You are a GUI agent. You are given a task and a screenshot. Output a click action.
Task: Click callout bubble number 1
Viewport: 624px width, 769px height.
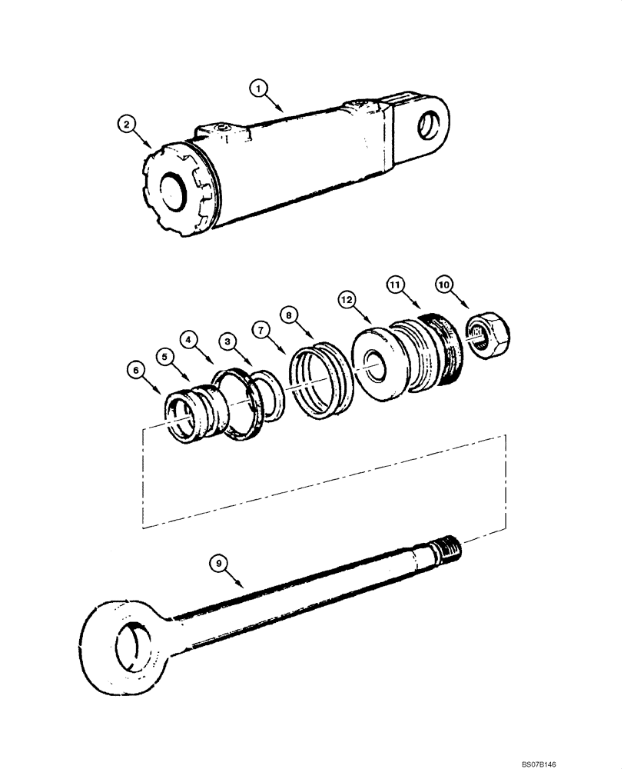[259, 88]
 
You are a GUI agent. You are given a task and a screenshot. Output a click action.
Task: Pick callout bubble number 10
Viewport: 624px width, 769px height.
[445, 284]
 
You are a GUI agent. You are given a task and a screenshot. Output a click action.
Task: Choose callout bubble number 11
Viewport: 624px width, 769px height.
[395, 285]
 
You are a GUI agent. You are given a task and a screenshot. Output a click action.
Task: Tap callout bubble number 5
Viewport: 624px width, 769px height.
[163, 356]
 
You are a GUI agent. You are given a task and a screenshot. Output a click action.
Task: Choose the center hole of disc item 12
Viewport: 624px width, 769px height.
[377, 365]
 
